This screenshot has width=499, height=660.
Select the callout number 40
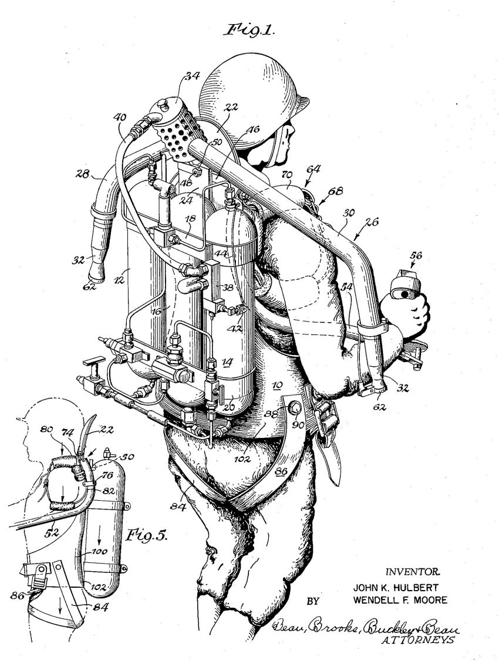tap(119, 118)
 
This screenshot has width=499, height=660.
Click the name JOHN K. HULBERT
tap(396, 588)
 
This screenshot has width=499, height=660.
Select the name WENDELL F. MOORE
tap(400, 600)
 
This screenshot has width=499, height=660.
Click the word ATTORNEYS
tap(417, 640)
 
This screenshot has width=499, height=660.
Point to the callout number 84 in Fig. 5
tap(102, 607)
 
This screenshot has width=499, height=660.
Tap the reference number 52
tap(51, 532)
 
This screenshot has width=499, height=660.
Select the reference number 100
tap(99, 551)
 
